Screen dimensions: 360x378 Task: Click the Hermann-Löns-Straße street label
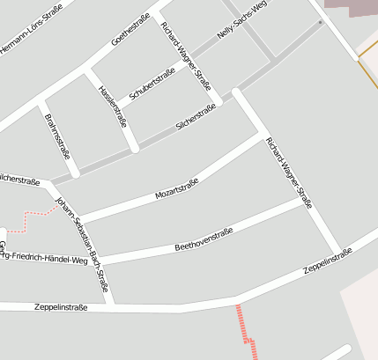pyautogui.click(x=35, y=33)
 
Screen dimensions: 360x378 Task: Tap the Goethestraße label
pyautogui.click(x=132, y=28)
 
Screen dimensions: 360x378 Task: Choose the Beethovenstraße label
pyautogui.click(x=204, y=238)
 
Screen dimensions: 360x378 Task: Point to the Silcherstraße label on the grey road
pyautogui.click(x=196, y=118)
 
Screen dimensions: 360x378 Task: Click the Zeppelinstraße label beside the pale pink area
pyautogui.click(x=328, y=261)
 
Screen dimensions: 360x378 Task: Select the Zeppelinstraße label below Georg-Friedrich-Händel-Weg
pyautogui.click(x=61, y=307)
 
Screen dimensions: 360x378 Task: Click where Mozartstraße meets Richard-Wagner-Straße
pyautogui.click(x=263, y=136)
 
